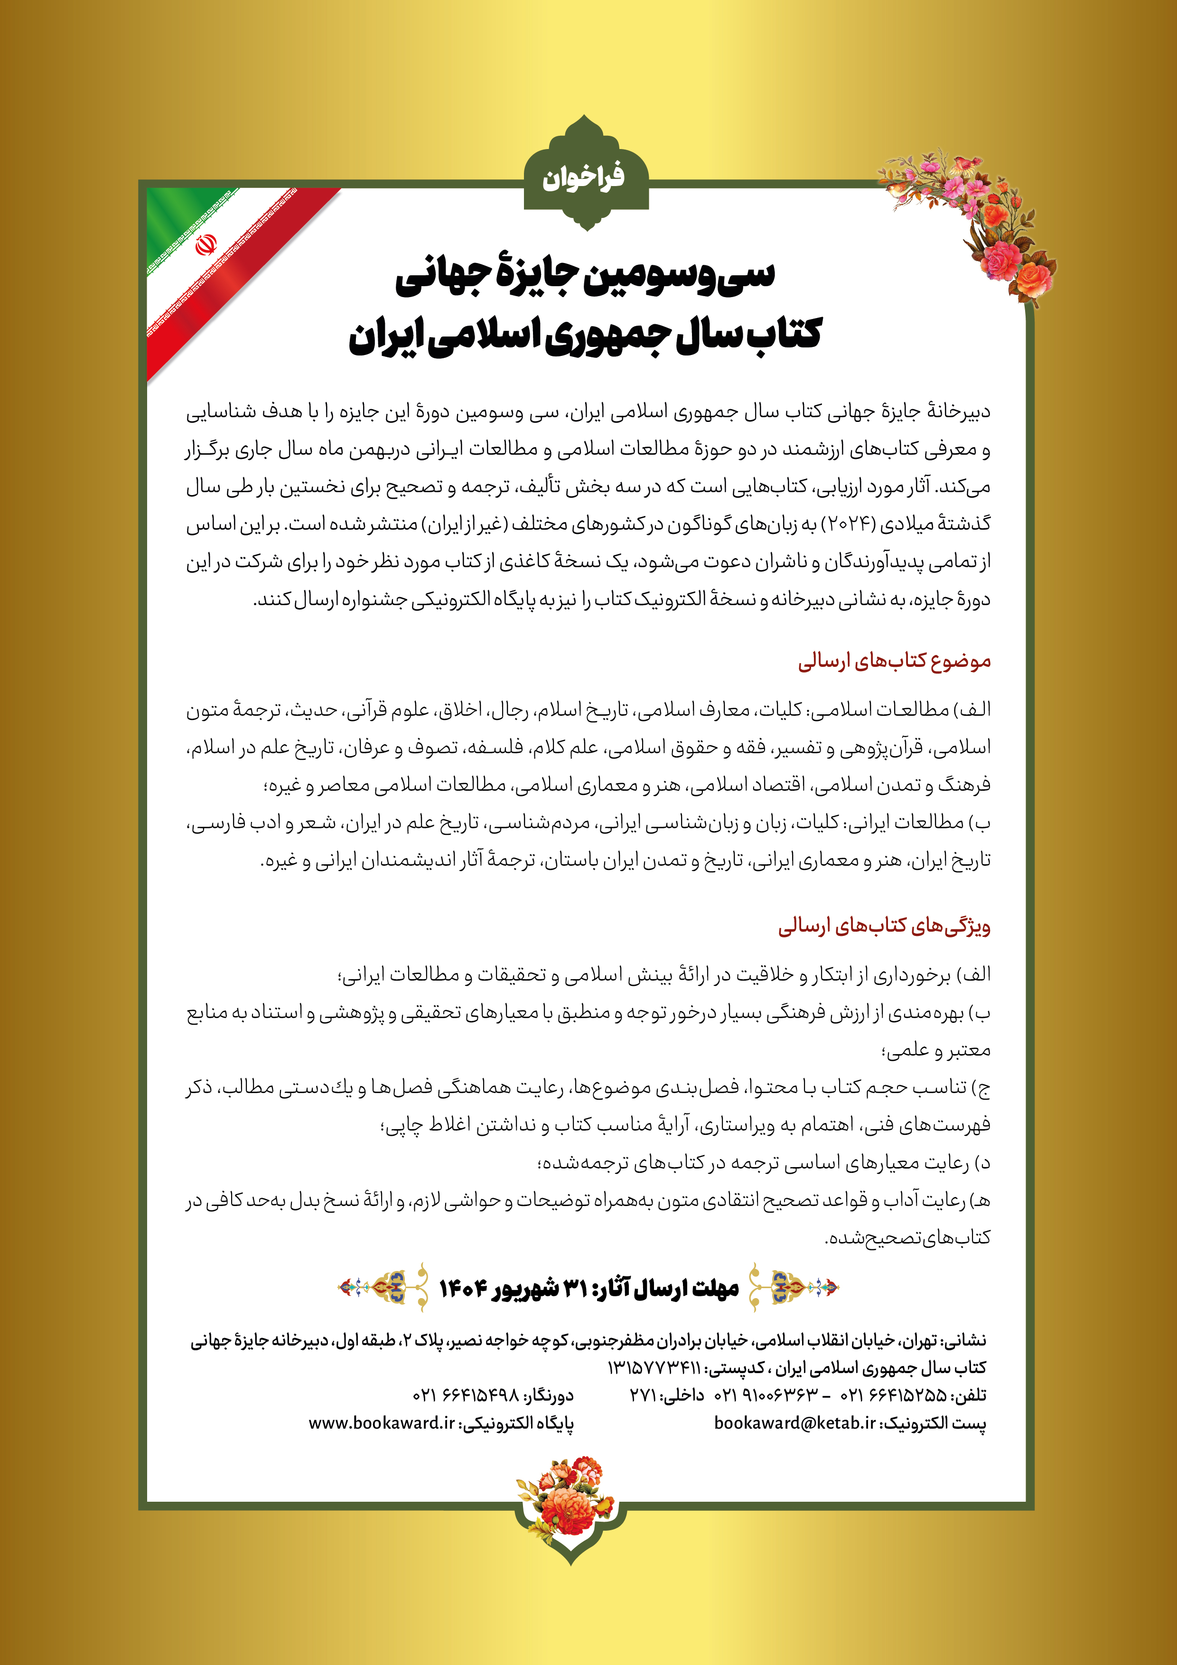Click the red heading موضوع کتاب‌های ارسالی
point(894,661)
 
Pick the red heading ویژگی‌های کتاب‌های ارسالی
point(884,926)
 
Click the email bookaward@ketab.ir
point(795,1423)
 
